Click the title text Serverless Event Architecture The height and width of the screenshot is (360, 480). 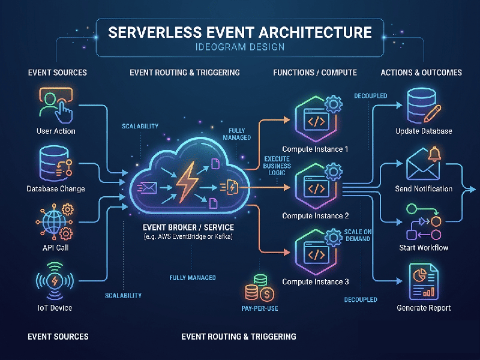pyautogui.click(x=240, y=32)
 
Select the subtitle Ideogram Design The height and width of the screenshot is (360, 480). pyautogui.click(x=240, y=47)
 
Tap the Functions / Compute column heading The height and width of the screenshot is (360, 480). pyautogui.click(x=315, y=73)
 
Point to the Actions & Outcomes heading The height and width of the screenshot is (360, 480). pyautogui.click(x=421, y=73)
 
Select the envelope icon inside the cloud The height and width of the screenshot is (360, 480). pyautogui.click(x=147, y=188)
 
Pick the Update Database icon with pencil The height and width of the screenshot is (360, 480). pyautogui.click(x=424, y=105)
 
